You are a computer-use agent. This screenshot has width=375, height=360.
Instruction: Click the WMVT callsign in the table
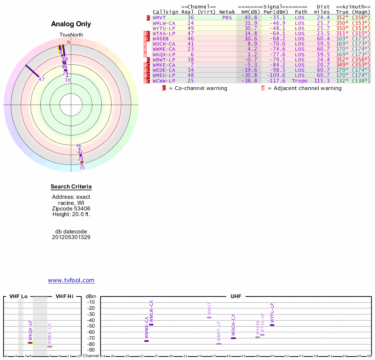[160, 17]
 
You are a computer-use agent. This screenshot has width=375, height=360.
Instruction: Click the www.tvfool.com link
[71, 280]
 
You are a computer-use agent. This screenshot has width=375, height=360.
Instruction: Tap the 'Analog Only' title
[71, 24]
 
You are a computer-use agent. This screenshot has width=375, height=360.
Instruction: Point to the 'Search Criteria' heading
[71, 187]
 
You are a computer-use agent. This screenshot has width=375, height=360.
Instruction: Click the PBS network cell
[227, 17]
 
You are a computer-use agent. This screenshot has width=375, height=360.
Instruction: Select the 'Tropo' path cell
[300, 81]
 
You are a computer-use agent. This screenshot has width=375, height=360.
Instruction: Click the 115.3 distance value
[322, 81]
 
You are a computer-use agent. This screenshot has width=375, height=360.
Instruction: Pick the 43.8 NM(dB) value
[251, 17]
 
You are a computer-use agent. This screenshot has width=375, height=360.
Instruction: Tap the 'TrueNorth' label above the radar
[71, 35]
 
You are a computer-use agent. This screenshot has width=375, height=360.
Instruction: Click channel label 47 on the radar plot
[42, 79]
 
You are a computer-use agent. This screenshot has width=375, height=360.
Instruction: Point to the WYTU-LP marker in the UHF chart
[272, 325]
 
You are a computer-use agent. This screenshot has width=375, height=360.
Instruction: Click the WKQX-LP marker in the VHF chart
[30, 343]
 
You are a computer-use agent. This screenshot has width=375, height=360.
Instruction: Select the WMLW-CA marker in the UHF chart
[151, 324]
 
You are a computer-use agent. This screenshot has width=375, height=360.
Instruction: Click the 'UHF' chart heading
[236, 297]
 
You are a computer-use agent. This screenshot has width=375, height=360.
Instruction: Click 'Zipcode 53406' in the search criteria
[71, 209]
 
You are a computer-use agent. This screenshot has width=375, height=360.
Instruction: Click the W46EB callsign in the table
[160, 38]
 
